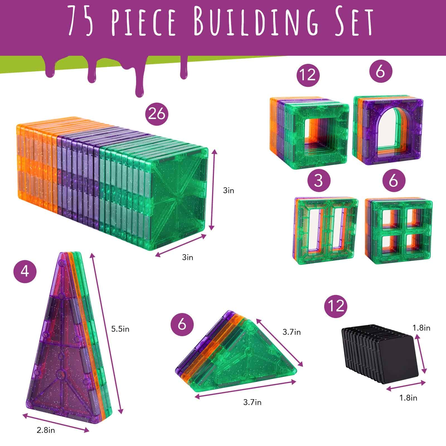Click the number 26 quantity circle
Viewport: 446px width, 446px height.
[x=157, y=114]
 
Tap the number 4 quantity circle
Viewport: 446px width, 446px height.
[x=25, y=270]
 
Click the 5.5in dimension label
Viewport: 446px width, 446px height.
[x=120, y=329]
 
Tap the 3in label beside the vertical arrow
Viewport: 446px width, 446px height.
[x=229, y=191]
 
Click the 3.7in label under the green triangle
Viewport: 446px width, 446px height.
[x=252, y=402]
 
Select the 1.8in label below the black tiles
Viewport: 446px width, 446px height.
[x=408, y=398]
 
